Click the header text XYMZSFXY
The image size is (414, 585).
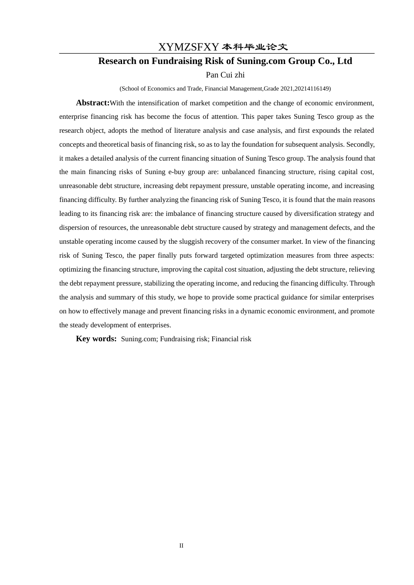point(188,47)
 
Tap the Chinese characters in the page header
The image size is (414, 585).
point(255,47)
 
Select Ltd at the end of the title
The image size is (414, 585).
point(344,61)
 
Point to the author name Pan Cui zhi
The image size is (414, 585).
point(225,75)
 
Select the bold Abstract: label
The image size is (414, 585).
point(93,103)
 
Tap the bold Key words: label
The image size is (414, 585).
point(96,339)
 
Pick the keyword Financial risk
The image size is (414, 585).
point(231,339)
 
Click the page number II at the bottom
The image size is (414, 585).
point(181,546)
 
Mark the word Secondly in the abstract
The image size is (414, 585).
point(360,145)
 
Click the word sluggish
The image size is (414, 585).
point(188,242)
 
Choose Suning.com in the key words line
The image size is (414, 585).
point(139,339)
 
